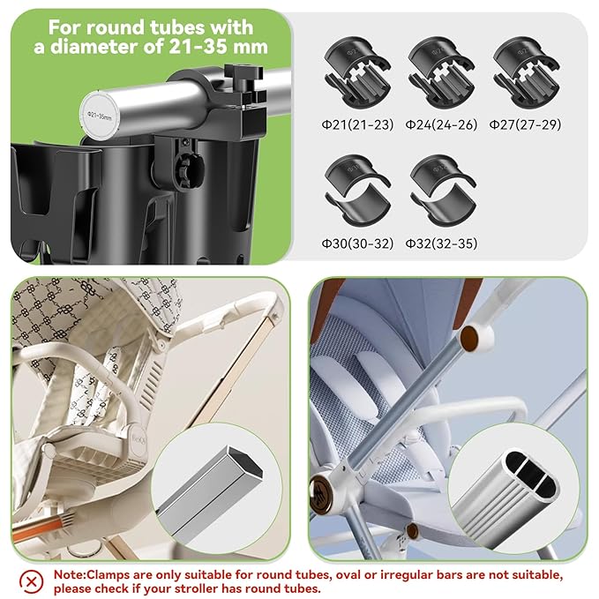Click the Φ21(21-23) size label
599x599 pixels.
pyautogui.click(x=356, y=124)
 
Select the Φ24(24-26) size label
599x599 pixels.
pyautogui.click(x=441, y=124)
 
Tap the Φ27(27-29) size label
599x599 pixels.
pyautogui.click(x=526, y=124)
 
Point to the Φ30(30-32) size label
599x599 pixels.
pyautogui.click(x=356, y=243)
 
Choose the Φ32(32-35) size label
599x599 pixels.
pyautogui.click(x=441, y=243)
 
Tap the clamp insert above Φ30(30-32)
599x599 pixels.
pyautogui.click(x=356, y=189)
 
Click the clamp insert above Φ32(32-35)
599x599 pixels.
pyautogui.click(x=441, y=189)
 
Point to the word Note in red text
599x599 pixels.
pyautogui.click(x=70, y=573)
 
